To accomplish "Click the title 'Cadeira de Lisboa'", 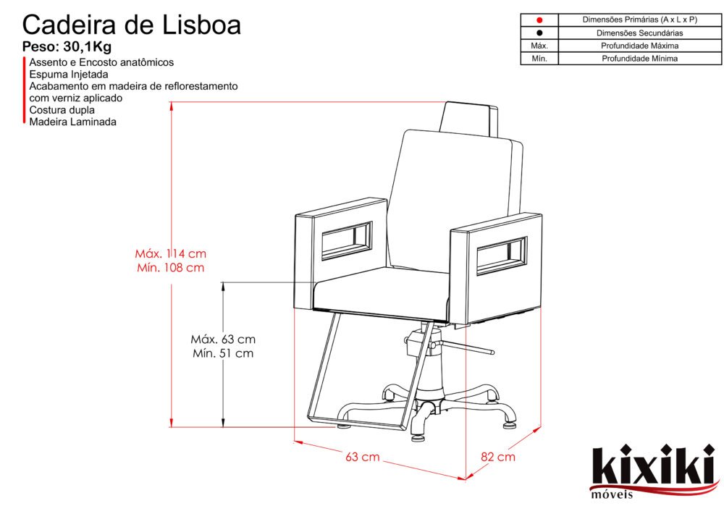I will pos(132,25).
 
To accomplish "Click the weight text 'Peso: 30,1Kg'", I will pos(67,48).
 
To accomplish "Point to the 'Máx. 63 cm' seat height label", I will pos(223,339).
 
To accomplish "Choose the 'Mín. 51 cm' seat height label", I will pos(223,353).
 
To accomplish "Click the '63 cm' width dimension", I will pos(362,457).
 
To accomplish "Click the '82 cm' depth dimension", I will pos(498,457).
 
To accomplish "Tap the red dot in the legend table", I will pos(539,20).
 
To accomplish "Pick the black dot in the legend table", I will pos(539,33).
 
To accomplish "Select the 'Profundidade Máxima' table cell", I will pos(639,46).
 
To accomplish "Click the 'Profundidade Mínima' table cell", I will pos(639,59).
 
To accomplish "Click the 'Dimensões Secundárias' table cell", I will pos(639,33).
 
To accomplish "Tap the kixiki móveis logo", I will pos(651,471).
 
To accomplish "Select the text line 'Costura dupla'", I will pos(62,110).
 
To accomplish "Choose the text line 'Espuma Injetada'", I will pos(69,75).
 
